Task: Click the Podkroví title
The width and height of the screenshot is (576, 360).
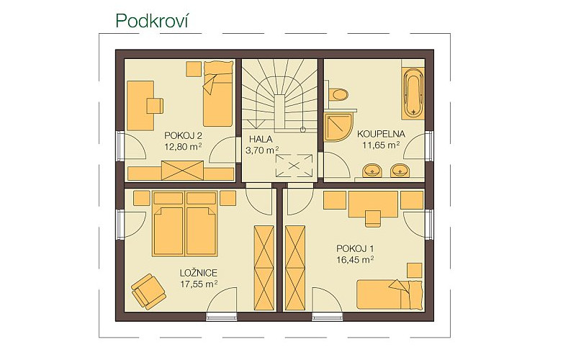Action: point(152,21)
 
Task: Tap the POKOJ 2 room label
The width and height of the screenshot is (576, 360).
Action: point(183,135)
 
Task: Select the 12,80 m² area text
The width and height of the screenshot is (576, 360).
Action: point(183,147)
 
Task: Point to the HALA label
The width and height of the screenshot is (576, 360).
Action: point(261,139)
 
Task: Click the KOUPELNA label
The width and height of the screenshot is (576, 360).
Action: point(381,134)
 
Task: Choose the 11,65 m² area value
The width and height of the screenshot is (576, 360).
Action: point(381,145)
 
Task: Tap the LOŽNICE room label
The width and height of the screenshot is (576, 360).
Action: point(199,273)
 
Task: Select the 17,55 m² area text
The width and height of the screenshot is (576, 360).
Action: point(199,284)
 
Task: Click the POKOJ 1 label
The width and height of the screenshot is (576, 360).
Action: point(355,248)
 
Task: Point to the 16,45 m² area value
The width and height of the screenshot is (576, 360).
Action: point(355,260)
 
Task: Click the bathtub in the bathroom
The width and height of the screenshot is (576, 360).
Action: point(413,94)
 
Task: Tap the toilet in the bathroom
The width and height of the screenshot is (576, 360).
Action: point(337,94)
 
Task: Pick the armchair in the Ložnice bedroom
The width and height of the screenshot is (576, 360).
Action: point(148,292)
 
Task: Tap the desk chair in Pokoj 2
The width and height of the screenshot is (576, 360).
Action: point(155,106)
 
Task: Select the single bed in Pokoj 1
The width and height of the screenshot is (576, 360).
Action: point(390,294)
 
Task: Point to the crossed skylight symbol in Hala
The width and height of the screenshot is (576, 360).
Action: point(294,166)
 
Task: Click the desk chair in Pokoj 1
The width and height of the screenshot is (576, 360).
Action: point(373,219)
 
